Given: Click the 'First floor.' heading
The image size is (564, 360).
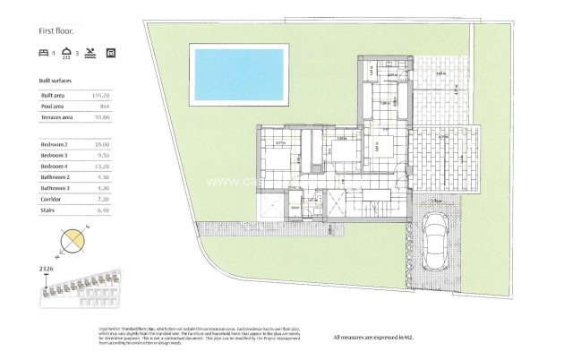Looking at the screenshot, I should (x=56, y=30).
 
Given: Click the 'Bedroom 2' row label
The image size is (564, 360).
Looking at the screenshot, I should (x=55, y=143).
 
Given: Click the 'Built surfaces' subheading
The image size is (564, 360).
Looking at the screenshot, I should (x=56, y=80).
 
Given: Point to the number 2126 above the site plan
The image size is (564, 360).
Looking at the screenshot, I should (x=47, y=267).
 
